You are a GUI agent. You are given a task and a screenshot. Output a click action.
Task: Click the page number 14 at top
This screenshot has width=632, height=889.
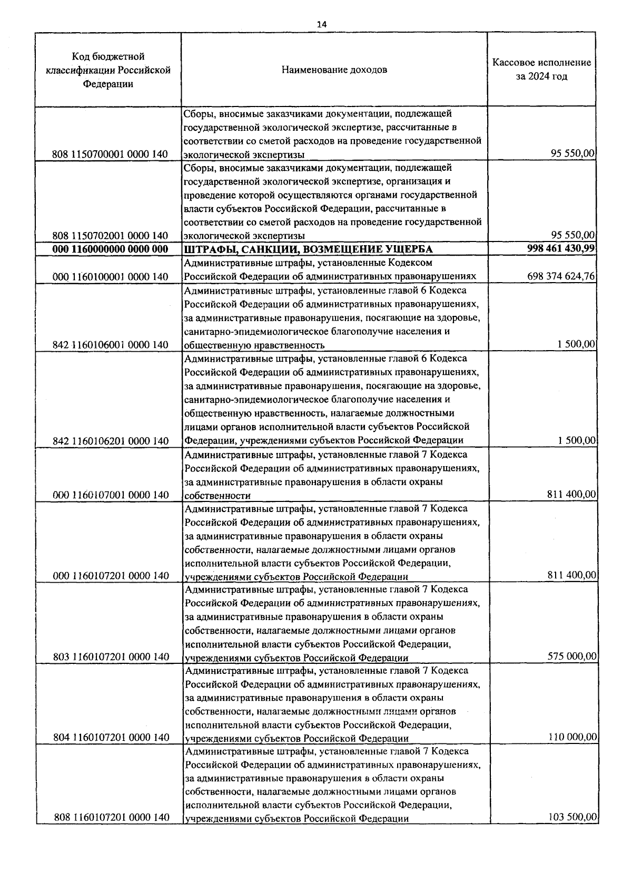click(x=322, y=24)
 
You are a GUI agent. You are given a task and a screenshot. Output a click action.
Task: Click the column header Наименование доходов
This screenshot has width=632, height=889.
click(x=334, y=70)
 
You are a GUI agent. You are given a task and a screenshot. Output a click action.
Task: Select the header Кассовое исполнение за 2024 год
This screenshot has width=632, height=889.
click(x=541, y=70)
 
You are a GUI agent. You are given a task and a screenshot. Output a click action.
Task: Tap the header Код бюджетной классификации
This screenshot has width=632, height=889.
click(x=108, y=70)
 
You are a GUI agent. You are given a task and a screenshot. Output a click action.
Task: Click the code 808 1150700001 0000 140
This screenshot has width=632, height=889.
click(x=110, y=154)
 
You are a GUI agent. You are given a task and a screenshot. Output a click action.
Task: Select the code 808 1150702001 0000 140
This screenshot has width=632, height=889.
click(x=110, y=235)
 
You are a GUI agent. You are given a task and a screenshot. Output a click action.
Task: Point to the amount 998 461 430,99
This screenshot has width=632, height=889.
click(x=561, y=248)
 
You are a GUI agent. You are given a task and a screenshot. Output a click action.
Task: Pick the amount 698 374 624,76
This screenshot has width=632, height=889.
click(x=561, y=276)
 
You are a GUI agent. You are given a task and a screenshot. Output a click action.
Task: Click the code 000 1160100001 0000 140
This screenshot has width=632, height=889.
click(x=111, y=277)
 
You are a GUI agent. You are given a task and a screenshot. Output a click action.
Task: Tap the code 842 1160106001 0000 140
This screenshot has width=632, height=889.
click(x=111, y=345)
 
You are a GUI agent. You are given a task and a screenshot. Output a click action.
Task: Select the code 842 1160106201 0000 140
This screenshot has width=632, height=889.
click(x=111, y=441)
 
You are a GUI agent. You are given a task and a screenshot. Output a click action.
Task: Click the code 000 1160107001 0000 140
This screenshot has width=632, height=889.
click(x=111, y=495)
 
